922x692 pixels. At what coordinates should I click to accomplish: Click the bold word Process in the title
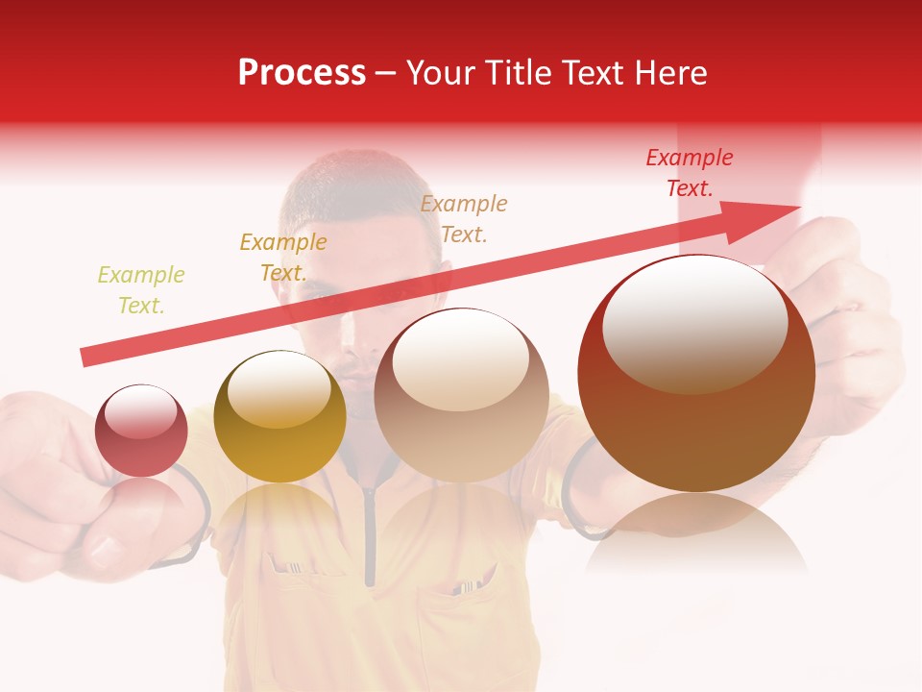click(302, 73)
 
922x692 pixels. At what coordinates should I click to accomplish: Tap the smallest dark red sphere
click(141, 431)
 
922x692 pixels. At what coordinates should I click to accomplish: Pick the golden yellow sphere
click(279, 417)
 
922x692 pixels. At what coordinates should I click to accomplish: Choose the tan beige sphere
click(461, 395)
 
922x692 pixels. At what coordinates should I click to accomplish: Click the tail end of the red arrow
click(86, 358)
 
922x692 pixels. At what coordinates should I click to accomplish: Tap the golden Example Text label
click(283, 258)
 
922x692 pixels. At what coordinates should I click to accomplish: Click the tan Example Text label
click(464, 219)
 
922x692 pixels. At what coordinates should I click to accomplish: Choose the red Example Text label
click(690, 173)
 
